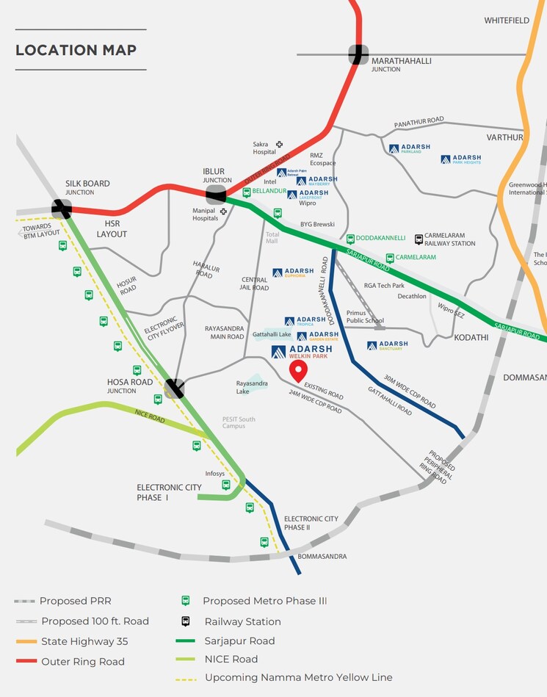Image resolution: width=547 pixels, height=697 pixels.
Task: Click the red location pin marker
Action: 297,370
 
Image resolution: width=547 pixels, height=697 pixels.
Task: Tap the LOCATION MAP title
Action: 76,50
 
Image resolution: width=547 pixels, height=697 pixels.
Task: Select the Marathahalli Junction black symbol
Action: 358,54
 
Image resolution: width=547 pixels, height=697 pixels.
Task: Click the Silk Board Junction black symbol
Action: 62,209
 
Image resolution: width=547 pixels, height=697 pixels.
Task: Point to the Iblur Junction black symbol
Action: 216,195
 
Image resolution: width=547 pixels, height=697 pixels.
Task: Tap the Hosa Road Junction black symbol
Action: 175,388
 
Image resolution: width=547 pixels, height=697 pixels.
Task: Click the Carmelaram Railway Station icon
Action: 419,239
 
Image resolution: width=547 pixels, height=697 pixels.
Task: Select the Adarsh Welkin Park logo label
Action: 302,352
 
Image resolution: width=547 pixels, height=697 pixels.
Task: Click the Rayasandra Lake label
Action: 252,387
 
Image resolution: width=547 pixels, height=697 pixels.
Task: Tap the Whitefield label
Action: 507,21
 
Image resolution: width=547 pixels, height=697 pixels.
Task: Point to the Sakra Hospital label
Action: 264,148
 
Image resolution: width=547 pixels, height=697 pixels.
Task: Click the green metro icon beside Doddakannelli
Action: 351,239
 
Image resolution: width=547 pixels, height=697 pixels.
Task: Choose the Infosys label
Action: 215,474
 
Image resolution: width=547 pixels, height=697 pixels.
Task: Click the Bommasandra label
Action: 322,557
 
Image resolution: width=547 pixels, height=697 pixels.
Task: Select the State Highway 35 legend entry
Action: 84,641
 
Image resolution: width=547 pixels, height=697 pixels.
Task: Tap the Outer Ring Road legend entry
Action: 83,662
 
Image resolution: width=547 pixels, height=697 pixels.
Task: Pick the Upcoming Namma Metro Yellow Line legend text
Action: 298,677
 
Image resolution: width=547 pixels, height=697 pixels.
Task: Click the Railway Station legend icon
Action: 186,621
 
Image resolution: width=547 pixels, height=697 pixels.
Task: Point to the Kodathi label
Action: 471,337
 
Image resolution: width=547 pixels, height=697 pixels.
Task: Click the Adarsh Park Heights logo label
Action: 461,159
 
